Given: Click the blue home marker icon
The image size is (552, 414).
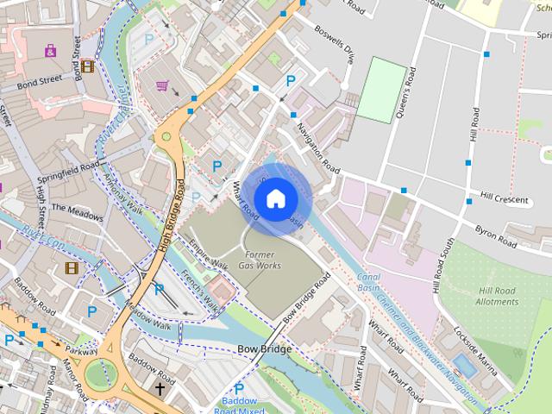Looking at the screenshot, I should click(x=275, y=199).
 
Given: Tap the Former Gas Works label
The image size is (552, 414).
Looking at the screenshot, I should click(x=260, y=260).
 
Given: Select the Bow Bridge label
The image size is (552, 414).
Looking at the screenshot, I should click(x=264, y=349).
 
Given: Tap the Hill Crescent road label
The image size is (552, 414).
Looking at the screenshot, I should click(x=504, y=198).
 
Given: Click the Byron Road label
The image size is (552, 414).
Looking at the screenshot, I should click(x=496, y=236).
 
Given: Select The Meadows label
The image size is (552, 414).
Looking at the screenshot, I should click(x=77, y=208).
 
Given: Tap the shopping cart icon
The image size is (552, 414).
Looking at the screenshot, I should click(x=162, y=85).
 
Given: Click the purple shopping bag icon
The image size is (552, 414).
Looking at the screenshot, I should click(x=51, y=51).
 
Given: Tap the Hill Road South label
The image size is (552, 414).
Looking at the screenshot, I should click(x=442, y=263).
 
